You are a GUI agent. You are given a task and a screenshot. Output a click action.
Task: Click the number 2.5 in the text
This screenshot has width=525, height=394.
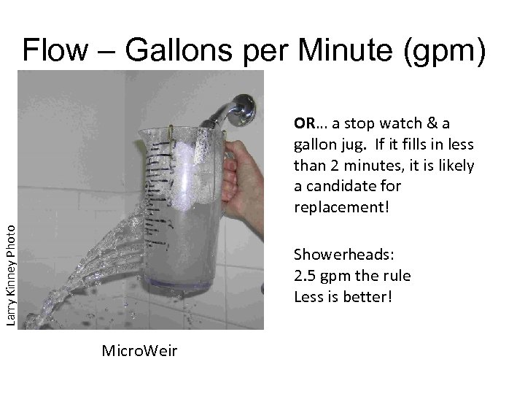click(306, 276)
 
